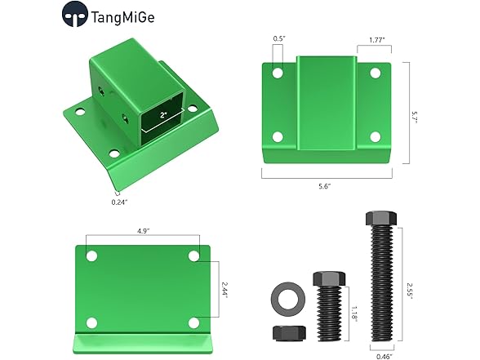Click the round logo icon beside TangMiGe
tap(75, 15)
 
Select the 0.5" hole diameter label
tap(278, 38)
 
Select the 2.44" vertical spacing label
tap(224, 289)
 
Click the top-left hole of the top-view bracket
tap(278, 73)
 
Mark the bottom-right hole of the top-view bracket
tap(376, 136)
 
